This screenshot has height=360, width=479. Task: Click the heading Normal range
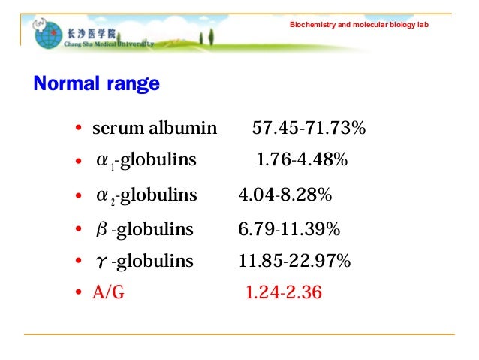[96, 84]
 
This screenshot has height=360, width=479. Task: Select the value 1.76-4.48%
[302, 160]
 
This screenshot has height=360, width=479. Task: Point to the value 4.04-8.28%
[285, 195]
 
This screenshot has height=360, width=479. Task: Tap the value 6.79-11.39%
[289, 228]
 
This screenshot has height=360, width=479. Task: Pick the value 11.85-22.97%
[294, 261]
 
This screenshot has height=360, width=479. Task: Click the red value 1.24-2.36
[284, 292]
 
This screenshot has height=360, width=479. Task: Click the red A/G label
[108, 292]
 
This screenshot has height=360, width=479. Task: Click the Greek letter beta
[102, 229]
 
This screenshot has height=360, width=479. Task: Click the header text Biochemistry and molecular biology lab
[359, 26]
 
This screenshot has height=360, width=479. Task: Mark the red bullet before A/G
[78, 293]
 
